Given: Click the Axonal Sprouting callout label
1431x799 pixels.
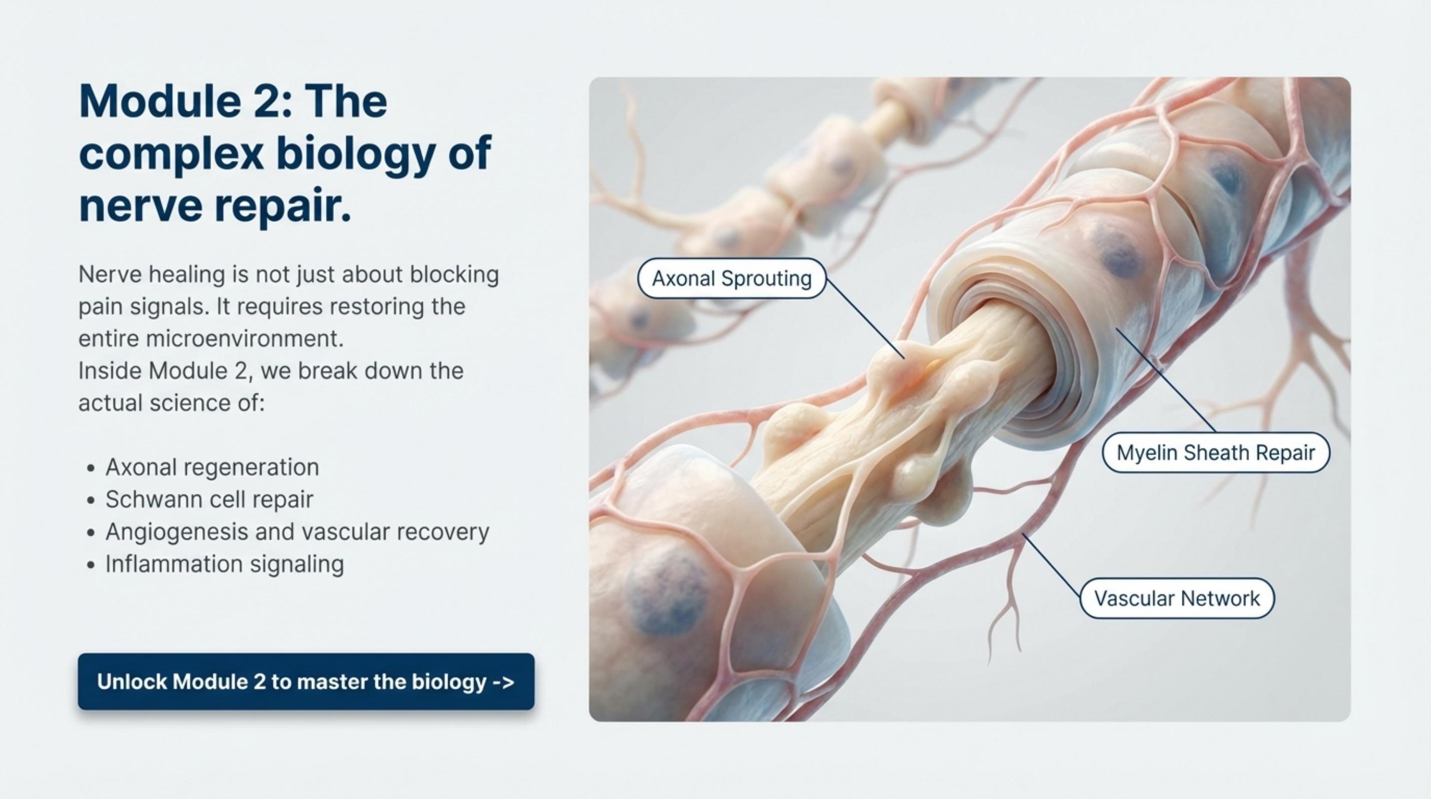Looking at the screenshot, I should [x=731, y=278].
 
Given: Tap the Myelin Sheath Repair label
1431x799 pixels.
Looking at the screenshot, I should [x=1215, y=453].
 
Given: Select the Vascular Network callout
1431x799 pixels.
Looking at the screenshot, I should [x=1176, y=598].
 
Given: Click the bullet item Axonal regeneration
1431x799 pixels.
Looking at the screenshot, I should [x=212, y=467].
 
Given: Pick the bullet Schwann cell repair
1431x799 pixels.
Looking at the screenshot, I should [x=210, y=499].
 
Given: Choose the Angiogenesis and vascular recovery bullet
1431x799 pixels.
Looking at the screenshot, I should [x=297, y=532].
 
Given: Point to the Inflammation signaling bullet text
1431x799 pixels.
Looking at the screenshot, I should [x=225, y=564].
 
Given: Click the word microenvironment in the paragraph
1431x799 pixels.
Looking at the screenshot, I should [x=245, y=339].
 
